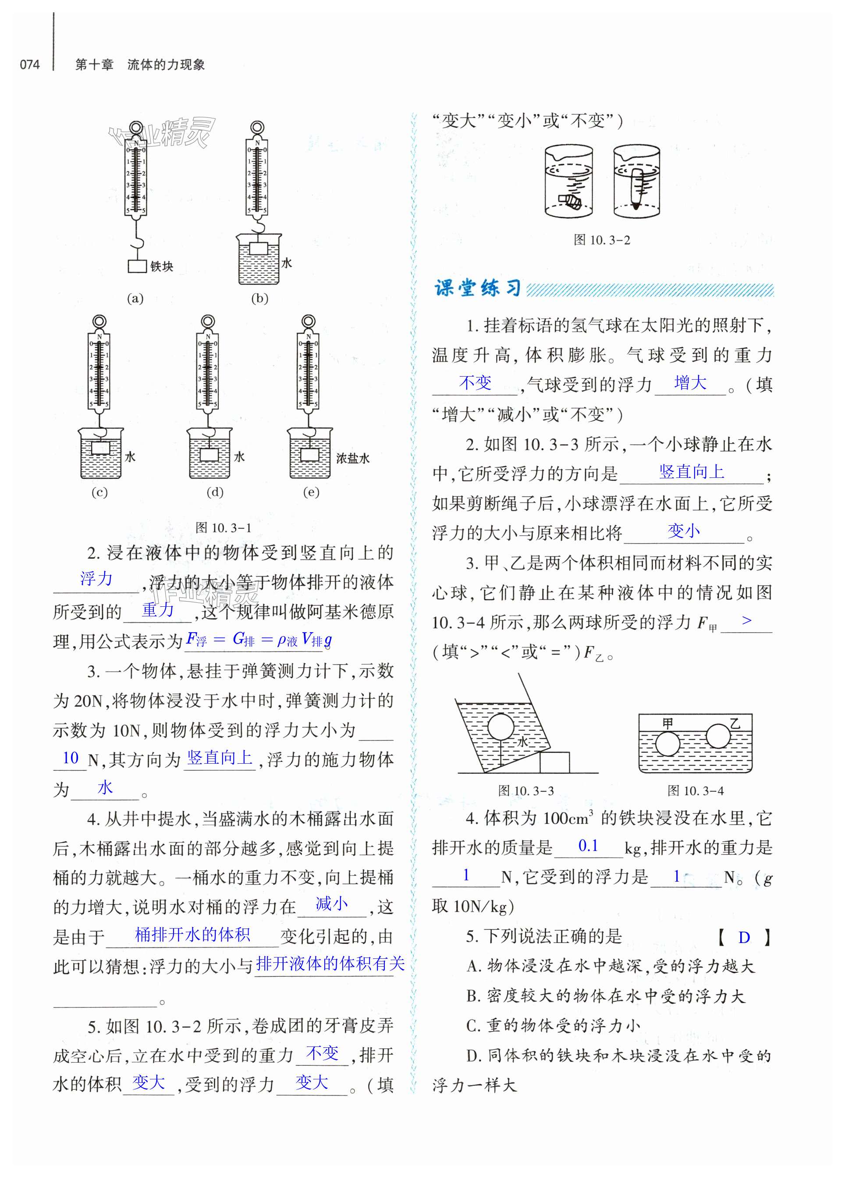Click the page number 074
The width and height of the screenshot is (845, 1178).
coord(30,64)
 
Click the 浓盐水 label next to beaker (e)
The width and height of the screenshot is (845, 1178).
coord(353,458)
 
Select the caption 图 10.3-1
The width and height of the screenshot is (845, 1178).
coord(224,528)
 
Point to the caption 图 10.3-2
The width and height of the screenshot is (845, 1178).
coord(601,240)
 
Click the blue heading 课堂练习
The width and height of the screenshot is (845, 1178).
coord(477,288)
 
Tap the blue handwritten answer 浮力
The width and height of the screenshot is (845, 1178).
coord(96,579)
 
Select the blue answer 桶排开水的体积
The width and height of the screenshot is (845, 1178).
coord(193,934)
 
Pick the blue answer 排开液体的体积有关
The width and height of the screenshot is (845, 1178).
coord(330,964)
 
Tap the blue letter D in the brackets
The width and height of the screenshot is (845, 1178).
coord(744,937)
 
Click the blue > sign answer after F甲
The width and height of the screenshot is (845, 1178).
coord(746,620)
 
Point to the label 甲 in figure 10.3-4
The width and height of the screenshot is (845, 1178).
coord(668,723)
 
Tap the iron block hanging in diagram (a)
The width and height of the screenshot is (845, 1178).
coord(137,267)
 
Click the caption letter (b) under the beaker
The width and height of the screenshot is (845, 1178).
coord(259,299)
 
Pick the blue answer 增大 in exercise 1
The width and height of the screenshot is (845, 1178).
coord(690,383)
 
